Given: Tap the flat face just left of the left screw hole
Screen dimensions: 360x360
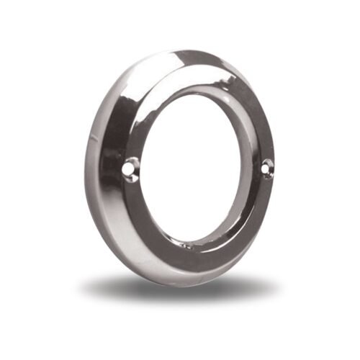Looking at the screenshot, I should coord(119,167).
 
